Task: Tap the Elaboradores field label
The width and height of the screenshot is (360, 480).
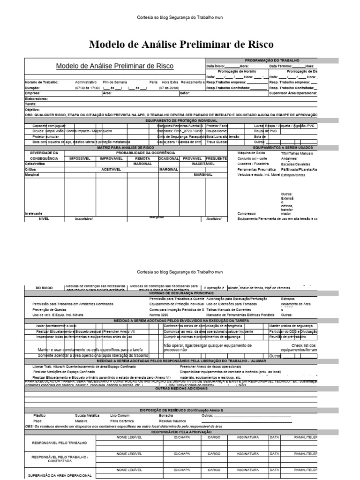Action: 36,99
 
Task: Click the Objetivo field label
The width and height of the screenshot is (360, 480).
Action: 32,109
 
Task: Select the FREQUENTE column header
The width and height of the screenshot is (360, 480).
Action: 216,158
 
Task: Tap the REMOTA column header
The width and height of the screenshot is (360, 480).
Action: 142,158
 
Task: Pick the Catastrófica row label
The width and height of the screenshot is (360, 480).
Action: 36,164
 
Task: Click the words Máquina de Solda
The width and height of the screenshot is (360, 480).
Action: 251,153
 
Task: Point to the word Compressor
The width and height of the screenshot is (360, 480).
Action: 247,213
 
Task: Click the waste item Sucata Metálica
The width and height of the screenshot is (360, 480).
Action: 87,415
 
